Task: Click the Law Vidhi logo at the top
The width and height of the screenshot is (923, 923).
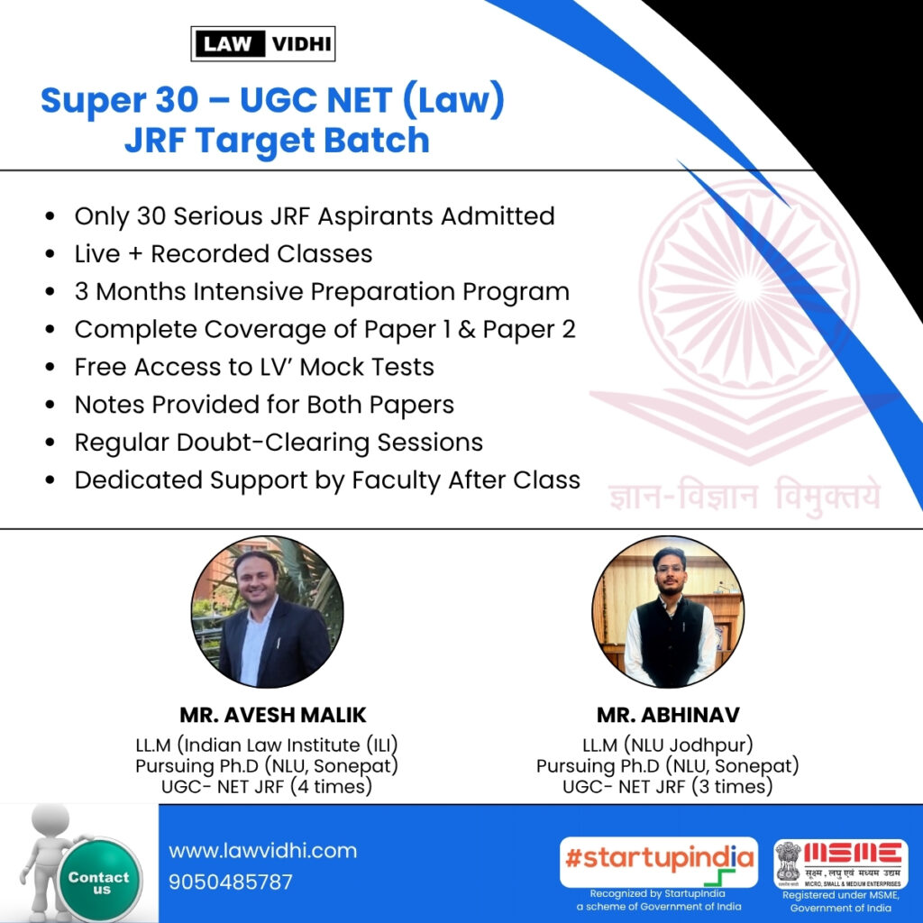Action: point(263,43)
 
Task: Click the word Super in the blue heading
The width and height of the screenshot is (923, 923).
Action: point(92,101)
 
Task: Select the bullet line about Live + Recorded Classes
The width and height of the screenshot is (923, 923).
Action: point(224,253)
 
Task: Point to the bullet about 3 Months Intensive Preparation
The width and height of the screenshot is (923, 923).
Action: point(322,292)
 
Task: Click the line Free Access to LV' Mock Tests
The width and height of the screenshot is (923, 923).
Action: point(254,367)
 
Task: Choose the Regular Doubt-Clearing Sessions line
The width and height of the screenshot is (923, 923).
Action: point(279,443)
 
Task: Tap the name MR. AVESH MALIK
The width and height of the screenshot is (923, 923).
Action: point(272,715)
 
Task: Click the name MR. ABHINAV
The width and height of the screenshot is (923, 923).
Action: point(668,715)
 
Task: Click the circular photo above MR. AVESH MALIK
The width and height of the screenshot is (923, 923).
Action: point(267,612)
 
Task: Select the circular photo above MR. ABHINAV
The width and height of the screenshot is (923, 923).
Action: point(668,612)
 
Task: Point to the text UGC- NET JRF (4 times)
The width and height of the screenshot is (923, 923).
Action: point(267,786)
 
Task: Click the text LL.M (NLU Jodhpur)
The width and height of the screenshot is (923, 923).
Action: point(668,745)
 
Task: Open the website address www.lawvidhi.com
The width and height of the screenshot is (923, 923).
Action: point(262,851)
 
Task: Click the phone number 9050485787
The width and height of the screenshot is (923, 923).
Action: point(230,882)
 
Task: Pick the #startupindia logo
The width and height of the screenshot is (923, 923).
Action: point(659,863)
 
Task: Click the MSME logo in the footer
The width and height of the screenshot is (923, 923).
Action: point(841,864)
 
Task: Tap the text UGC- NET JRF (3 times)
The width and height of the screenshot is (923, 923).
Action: point(668,786)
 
